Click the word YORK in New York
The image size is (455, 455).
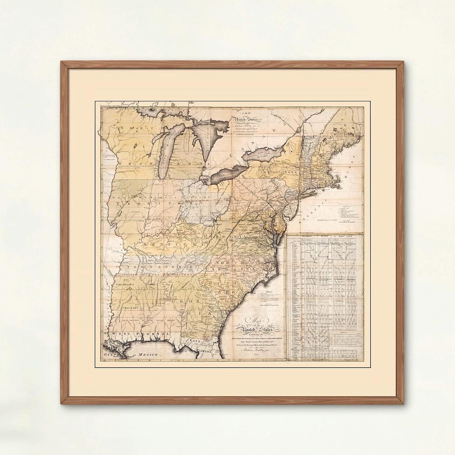(x=291, y=173)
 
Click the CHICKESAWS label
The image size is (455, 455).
(x=123, y=285)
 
